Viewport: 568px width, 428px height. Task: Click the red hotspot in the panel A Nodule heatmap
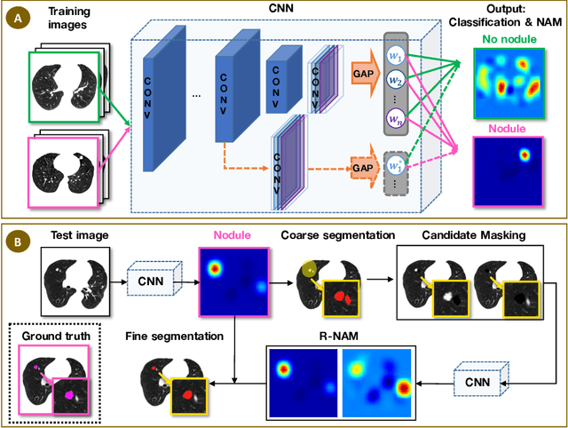(525, 156)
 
